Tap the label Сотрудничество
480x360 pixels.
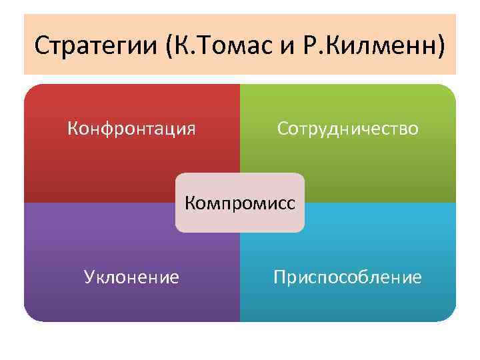[348, 127]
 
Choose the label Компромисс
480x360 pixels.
[239, 202]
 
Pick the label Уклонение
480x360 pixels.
[131, 276]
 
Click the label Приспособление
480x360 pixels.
[347, 277]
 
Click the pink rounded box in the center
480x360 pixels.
[239, 220]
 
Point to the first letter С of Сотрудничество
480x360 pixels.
[283, 127]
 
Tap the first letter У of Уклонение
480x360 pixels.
[89, 277]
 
